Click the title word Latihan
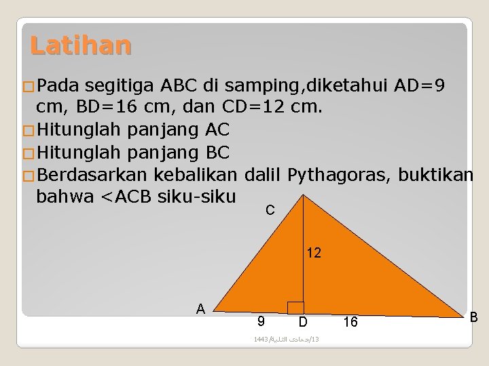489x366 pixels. [81, 45]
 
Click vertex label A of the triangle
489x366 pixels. [200, 308]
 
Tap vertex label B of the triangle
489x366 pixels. [473, 317]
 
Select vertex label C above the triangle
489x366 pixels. [270, 210]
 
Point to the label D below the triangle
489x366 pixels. [303, 321]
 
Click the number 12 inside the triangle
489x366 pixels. [314, 253]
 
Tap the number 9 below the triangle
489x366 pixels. [261, 321]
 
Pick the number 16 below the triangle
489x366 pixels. [350, 322]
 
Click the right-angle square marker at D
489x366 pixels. [295, 307]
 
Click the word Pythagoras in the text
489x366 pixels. [338, 175]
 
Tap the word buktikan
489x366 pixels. [435, 175]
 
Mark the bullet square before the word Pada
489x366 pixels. [27, 87]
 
